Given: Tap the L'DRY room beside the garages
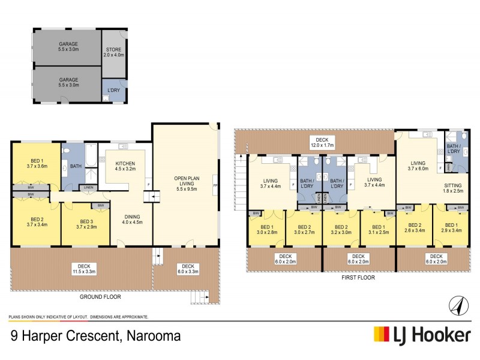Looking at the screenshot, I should coord(113,90).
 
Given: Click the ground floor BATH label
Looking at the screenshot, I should coord(75,166).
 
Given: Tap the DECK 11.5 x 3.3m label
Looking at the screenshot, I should coord(80,269).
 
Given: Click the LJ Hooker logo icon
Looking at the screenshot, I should coord(379,334).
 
